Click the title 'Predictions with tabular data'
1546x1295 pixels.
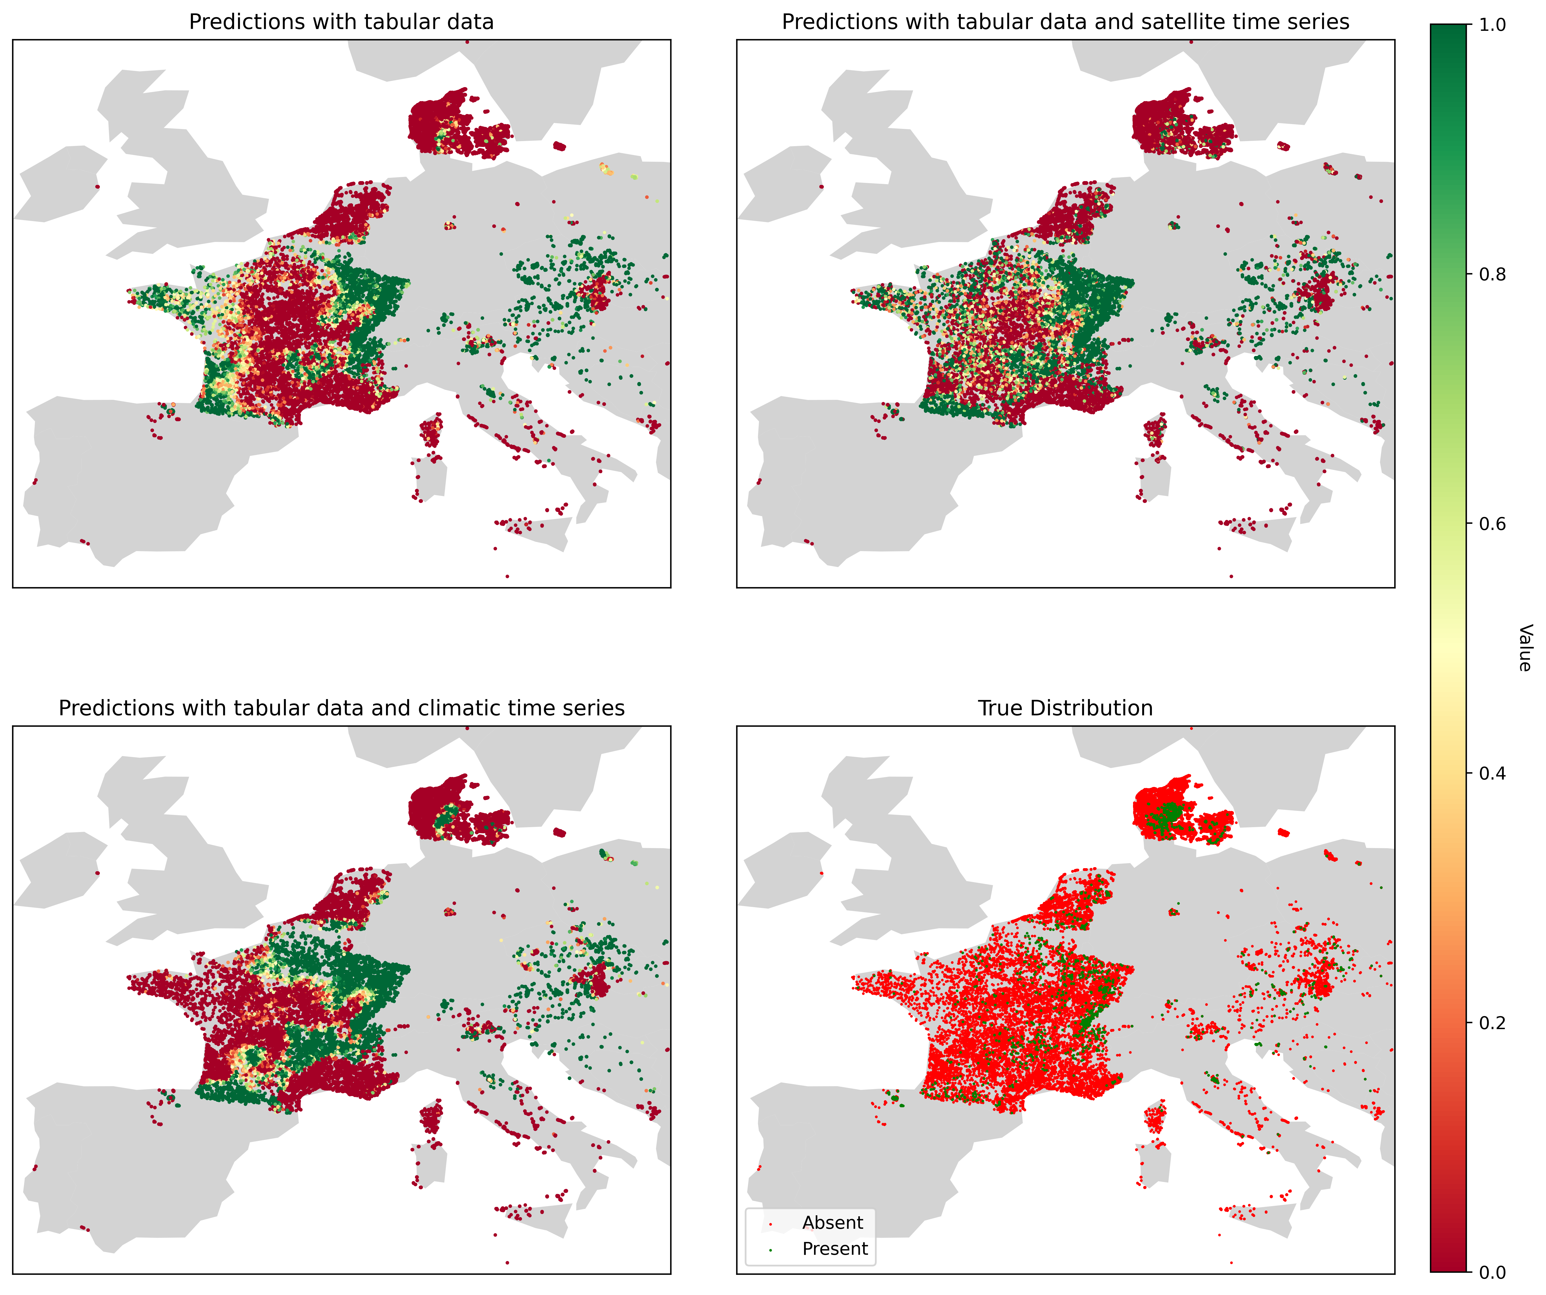pyautogui.click(x=341, y=22)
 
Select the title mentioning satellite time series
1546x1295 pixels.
pyautogui.click(x=1065, y=22)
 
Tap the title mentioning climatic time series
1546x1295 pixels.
pyautogui.click(x=341, y=708)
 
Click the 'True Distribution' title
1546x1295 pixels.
pyautogui.click(x=1065, y=708)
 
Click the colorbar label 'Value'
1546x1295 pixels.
pyautogui.click(x=1525, y=647)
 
